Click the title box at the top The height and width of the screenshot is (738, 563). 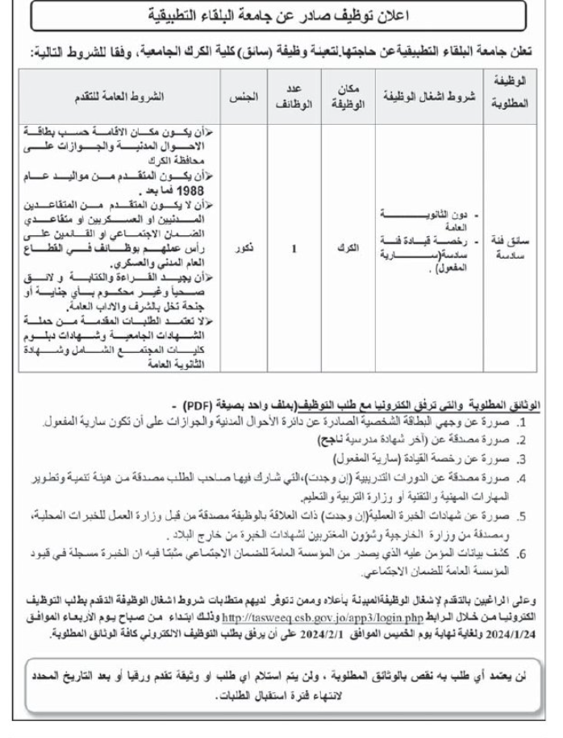281,15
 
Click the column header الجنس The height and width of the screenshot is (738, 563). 251,97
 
